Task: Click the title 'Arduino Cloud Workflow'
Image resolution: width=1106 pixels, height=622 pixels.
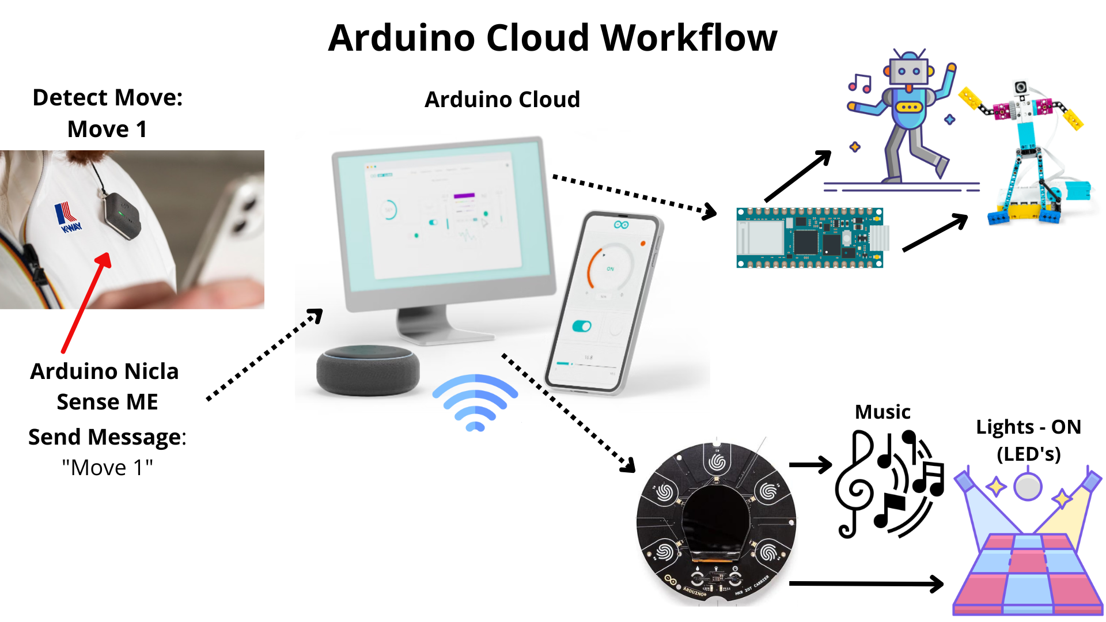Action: (552, 39)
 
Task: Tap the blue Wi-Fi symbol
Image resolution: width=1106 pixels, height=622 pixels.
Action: (475, 403)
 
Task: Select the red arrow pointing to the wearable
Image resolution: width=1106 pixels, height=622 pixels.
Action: (86, 302)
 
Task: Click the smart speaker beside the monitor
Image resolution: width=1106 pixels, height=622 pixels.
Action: (368, 370)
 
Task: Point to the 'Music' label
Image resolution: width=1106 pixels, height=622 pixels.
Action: (882, 412)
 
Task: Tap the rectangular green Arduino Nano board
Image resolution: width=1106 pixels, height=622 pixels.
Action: (809, 238)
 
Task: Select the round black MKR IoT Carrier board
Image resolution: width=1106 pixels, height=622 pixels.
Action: (716, 523)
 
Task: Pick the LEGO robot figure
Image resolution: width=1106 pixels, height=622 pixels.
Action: (1031, 155)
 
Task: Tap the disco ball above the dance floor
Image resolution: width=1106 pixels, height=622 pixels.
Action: (1028, 487)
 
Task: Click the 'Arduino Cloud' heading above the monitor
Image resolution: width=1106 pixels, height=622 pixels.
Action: (502, 100)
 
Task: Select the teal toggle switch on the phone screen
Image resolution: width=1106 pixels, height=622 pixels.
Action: (582, 327)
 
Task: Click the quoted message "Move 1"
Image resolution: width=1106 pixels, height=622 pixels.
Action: (108, 468)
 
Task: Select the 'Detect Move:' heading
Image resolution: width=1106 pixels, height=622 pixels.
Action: (108, 97)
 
